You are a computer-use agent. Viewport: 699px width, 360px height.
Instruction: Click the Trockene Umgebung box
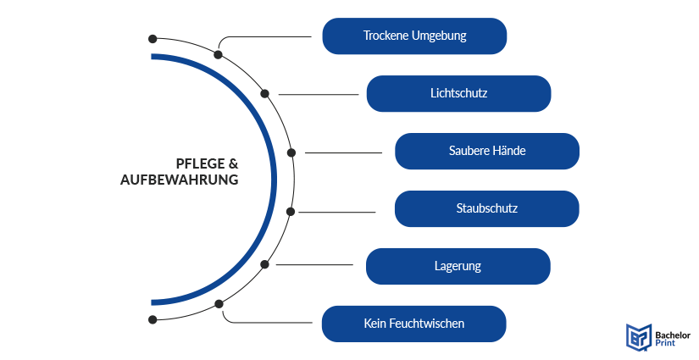coord(414,36)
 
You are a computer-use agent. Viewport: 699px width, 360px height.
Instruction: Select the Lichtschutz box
coord(458,93)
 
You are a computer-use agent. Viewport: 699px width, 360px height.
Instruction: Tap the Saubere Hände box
coord(487,151)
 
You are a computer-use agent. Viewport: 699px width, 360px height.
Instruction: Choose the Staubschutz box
coord(487,208)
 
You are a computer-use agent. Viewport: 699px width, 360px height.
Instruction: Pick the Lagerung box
coord(458,266)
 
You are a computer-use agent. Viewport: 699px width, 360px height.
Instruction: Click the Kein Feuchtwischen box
coord(414,324)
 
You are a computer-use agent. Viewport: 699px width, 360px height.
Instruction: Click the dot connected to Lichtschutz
coord(265,94)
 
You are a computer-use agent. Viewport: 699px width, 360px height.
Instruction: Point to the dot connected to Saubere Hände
coord(291,152)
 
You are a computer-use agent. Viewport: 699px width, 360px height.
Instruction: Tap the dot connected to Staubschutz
coord(291,211)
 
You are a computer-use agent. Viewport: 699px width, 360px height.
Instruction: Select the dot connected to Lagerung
coord(265,265)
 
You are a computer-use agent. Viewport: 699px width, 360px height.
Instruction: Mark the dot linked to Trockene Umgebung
coord(219,54)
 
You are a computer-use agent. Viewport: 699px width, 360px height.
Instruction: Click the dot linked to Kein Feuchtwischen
coord(219,303)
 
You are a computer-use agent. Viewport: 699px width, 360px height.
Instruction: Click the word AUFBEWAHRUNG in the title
coord(179,180)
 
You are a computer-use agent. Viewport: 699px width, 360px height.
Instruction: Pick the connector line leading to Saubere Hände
coord(343,152)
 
